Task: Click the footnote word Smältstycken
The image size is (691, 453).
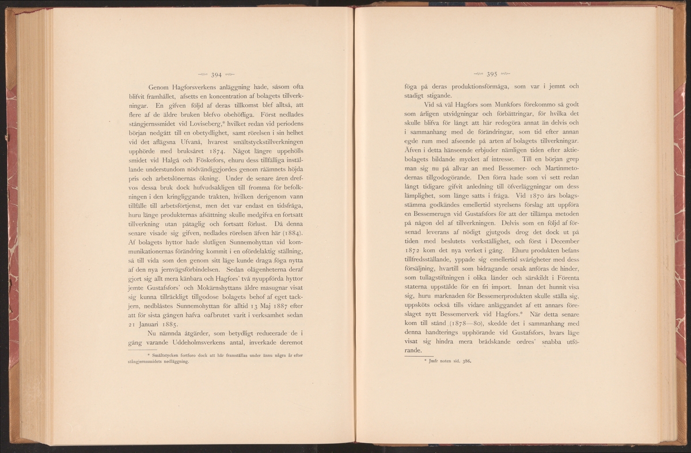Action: pyautogui.click(x=150, y=355)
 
